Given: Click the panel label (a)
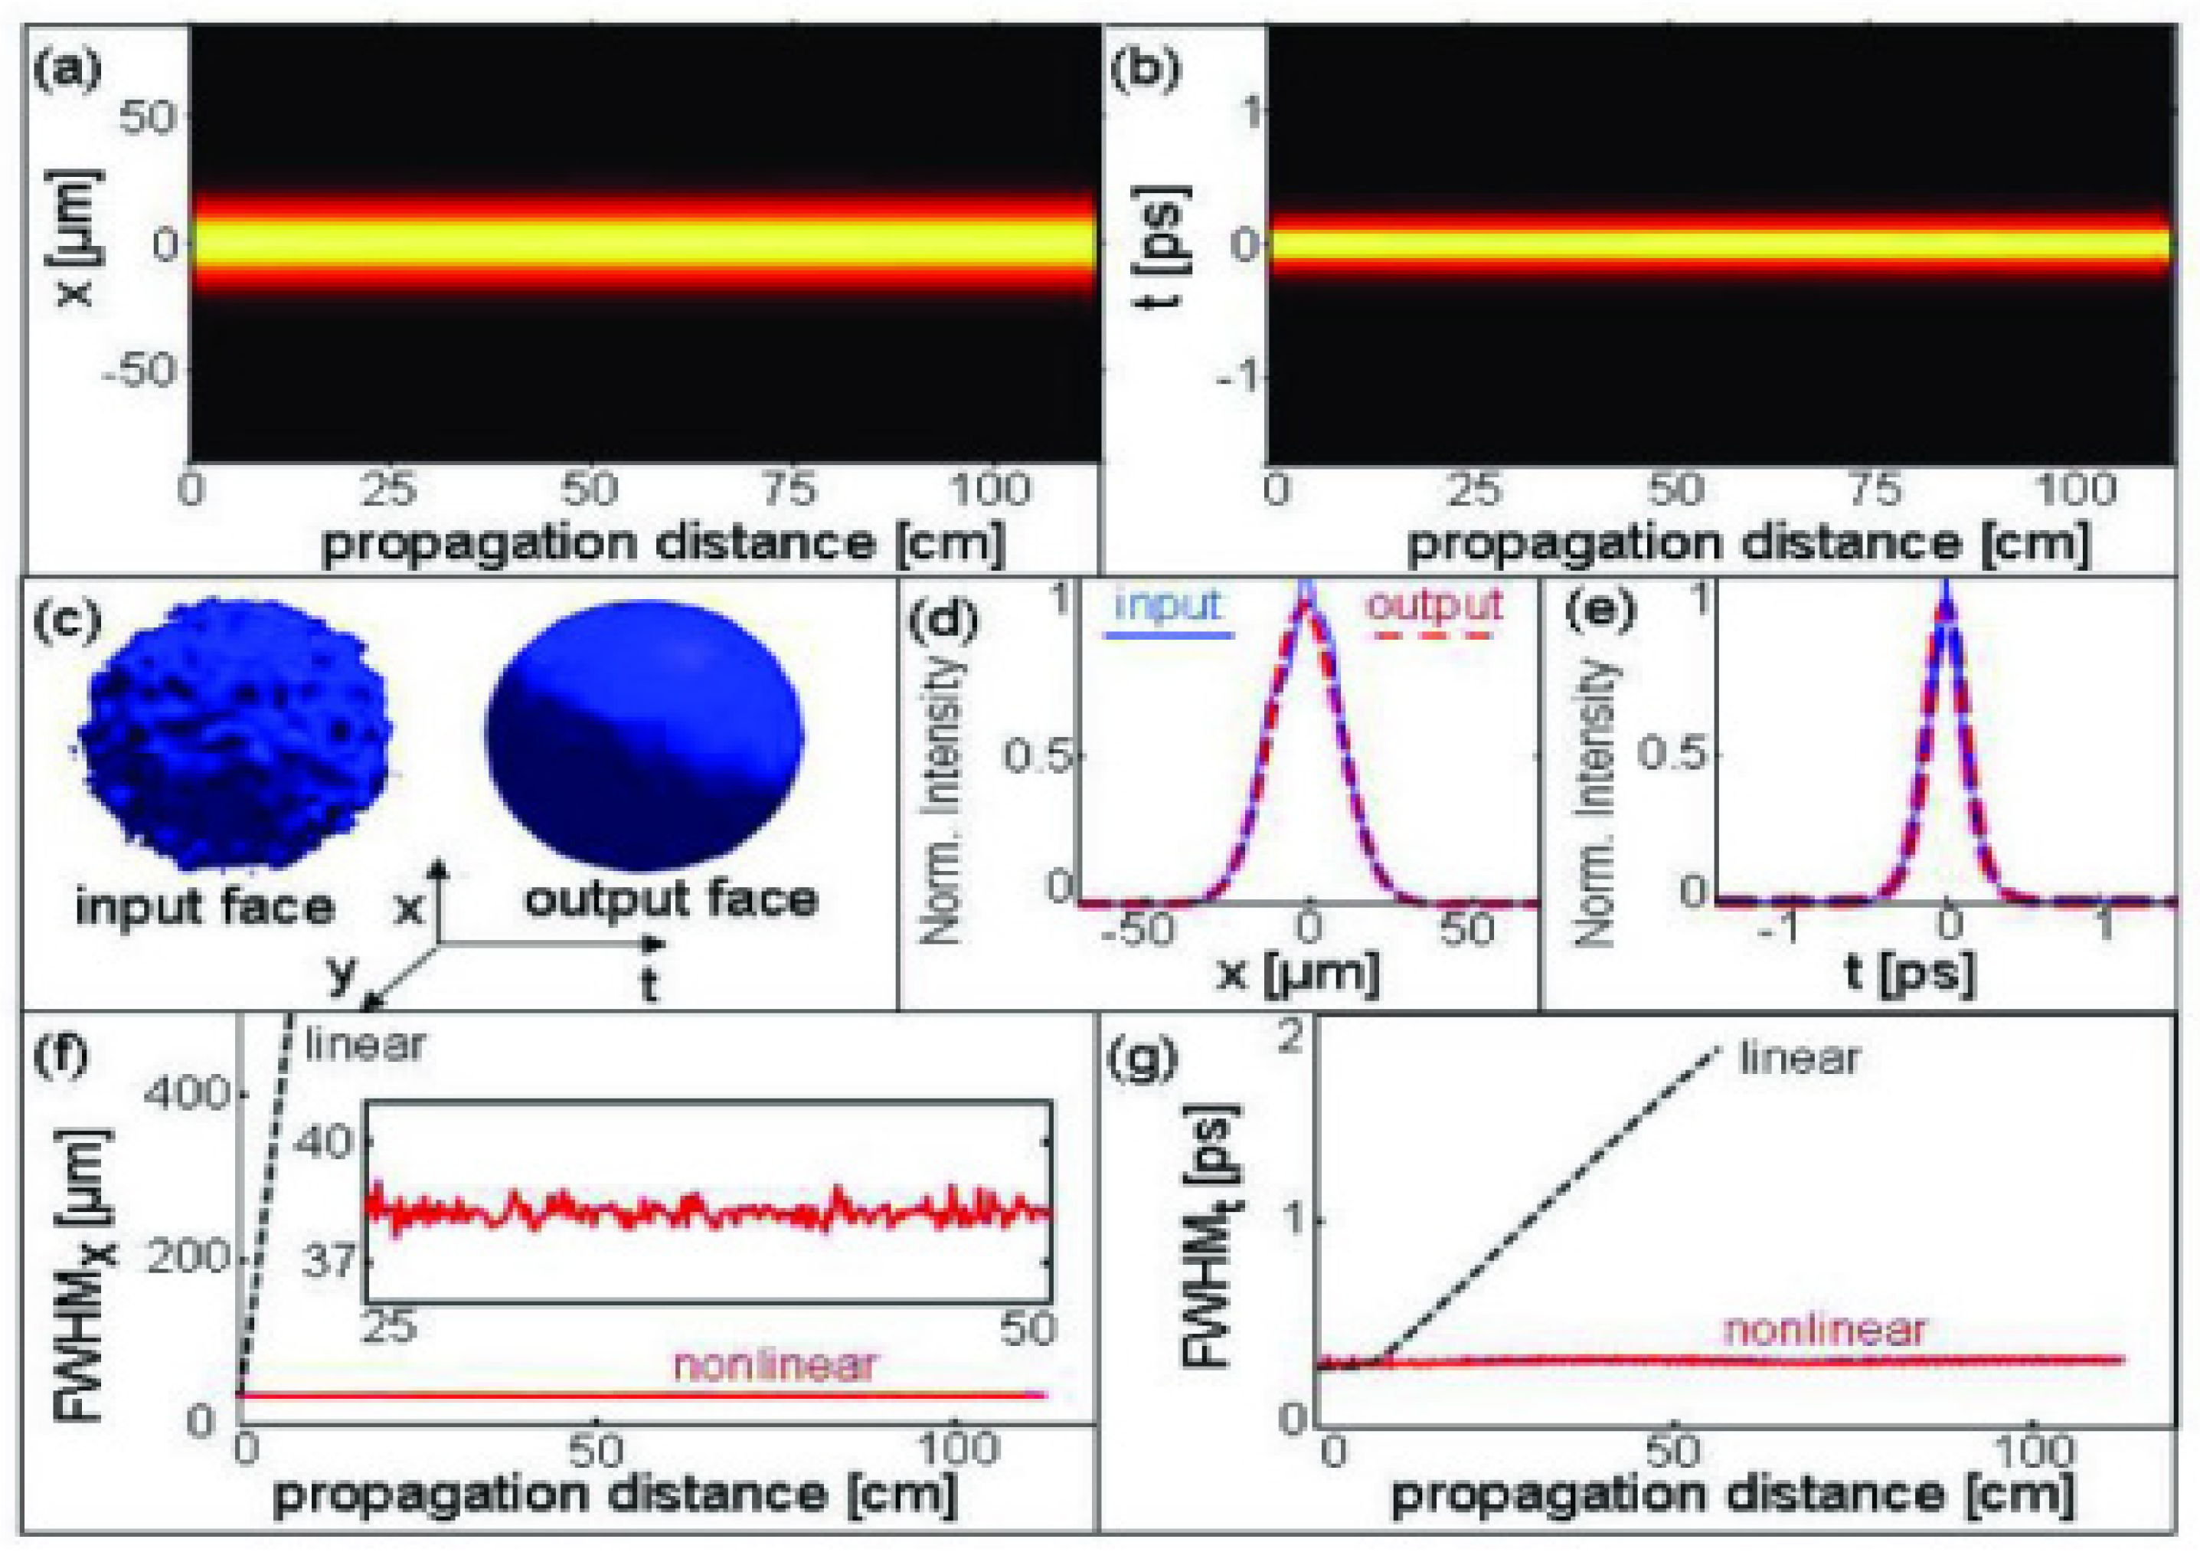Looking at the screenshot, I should [67, 72].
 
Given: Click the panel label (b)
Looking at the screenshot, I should [1144, 72].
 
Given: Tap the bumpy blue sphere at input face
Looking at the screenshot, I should [236, 735].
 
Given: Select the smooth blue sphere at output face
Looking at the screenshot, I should [644, 735].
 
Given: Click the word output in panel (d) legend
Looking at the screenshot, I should [1434, 606].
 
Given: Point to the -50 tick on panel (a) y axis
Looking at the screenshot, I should [139, 370].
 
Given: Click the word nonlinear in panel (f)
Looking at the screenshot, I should [775, 1364].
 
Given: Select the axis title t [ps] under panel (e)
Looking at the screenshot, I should [1909, 974].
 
